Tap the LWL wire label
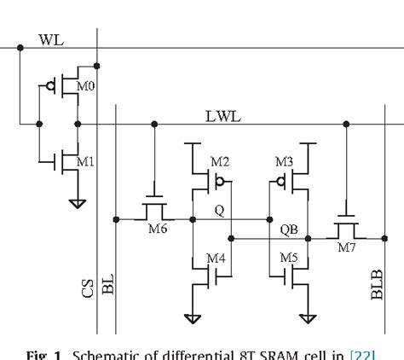click(223, 116)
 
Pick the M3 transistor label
click(284, 162)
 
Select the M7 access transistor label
click(346, 247)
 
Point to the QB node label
click(288, 229)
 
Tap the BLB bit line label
click(378, 284)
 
